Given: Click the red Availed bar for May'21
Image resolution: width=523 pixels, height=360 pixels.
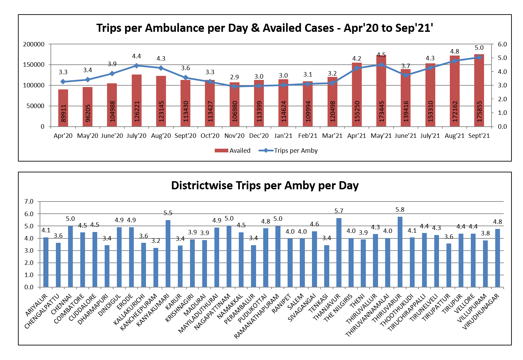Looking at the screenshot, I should (381, 91).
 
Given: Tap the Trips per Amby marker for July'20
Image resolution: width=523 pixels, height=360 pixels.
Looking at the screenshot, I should (137, 66).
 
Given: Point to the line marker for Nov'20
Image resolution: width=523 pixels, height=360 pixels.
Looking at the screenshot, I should (234, 86).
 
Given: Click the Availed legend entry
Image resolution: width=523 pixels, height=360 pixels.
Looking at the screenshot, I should (233, 151).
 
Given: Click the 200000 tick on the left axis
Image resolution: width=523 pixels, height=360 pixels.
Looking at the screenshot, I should (34, 44).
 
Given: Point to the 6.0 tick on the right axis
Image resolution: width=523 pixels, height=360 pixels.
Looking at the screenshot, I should (502, 44).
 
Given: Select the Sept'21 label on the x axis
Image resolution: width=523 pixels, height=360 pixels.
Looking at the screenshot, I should (479, 136).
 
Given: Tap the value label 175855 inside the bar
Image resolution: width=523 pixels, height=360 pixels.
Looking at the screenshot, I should (479, 111).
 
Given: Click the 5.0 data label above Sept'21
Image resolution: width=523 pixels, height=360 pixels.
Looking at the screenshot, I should (479, 48).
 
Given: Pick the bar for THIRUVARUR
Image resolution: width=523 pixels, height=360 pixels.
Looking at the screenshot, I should (400, 252).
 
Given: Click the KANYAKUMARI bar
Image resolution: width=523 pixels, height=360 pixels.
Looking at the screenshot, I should (168, 254).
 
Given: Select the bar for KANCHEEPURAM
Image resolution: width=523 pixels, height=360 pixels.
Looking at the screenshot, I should (156, 268).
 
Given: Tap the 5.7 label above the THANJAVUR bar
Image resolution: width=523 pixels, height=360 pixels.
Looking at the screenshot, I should (339, 211).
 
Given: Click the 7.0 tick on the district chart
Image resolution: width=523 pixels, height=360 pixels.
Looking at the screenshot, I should (29, 202).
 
